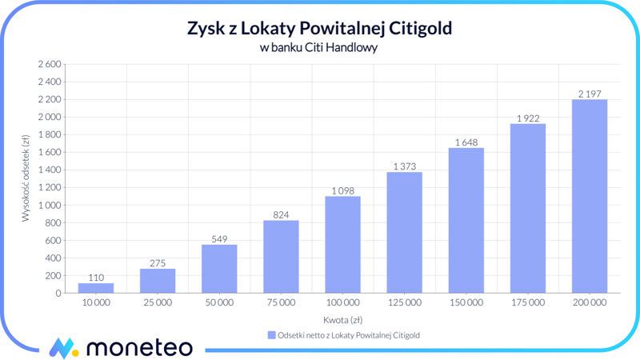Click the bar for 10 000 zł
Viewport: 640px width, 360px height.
click(x=96, y=288)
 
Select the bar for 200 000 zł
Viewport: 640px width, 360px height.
click(x=589, y=196)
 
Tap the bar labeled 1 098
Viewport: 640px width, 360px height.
click(x=342, y=245)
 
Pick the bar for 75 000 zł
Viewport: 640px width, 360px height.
click(x=281, y=257)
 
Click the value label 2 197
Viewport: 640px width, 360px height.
click(x=589, y=94)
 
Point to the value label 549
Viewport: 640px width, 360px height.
click(x=219, y=238)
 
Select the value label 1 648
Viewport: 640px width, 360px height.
click(x=466, y=142)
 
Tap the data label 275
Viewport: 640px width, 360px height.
click(x=158, y=262)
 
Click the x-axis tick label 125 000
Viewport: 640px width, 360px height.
click(x=404, y=303)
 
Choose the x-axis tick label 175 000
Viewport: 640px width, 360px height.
click(x=527, y=303)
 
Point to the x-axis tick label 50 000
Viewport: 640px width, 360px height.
click(x=219, y=303)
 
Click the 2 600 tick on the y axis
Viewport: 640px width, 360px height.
click(x=48, y=64)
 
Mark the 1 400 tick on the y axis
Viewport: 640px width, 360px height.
click(x=48, y=170)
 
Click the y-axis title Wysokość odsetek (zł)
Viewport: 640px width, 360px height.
click(x=26, y=178)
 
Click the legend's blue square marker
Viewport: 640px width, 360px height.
click(x=271, y=335)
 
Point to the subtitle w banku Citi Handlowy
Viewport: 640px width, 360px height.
click(x=319, y=47)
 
